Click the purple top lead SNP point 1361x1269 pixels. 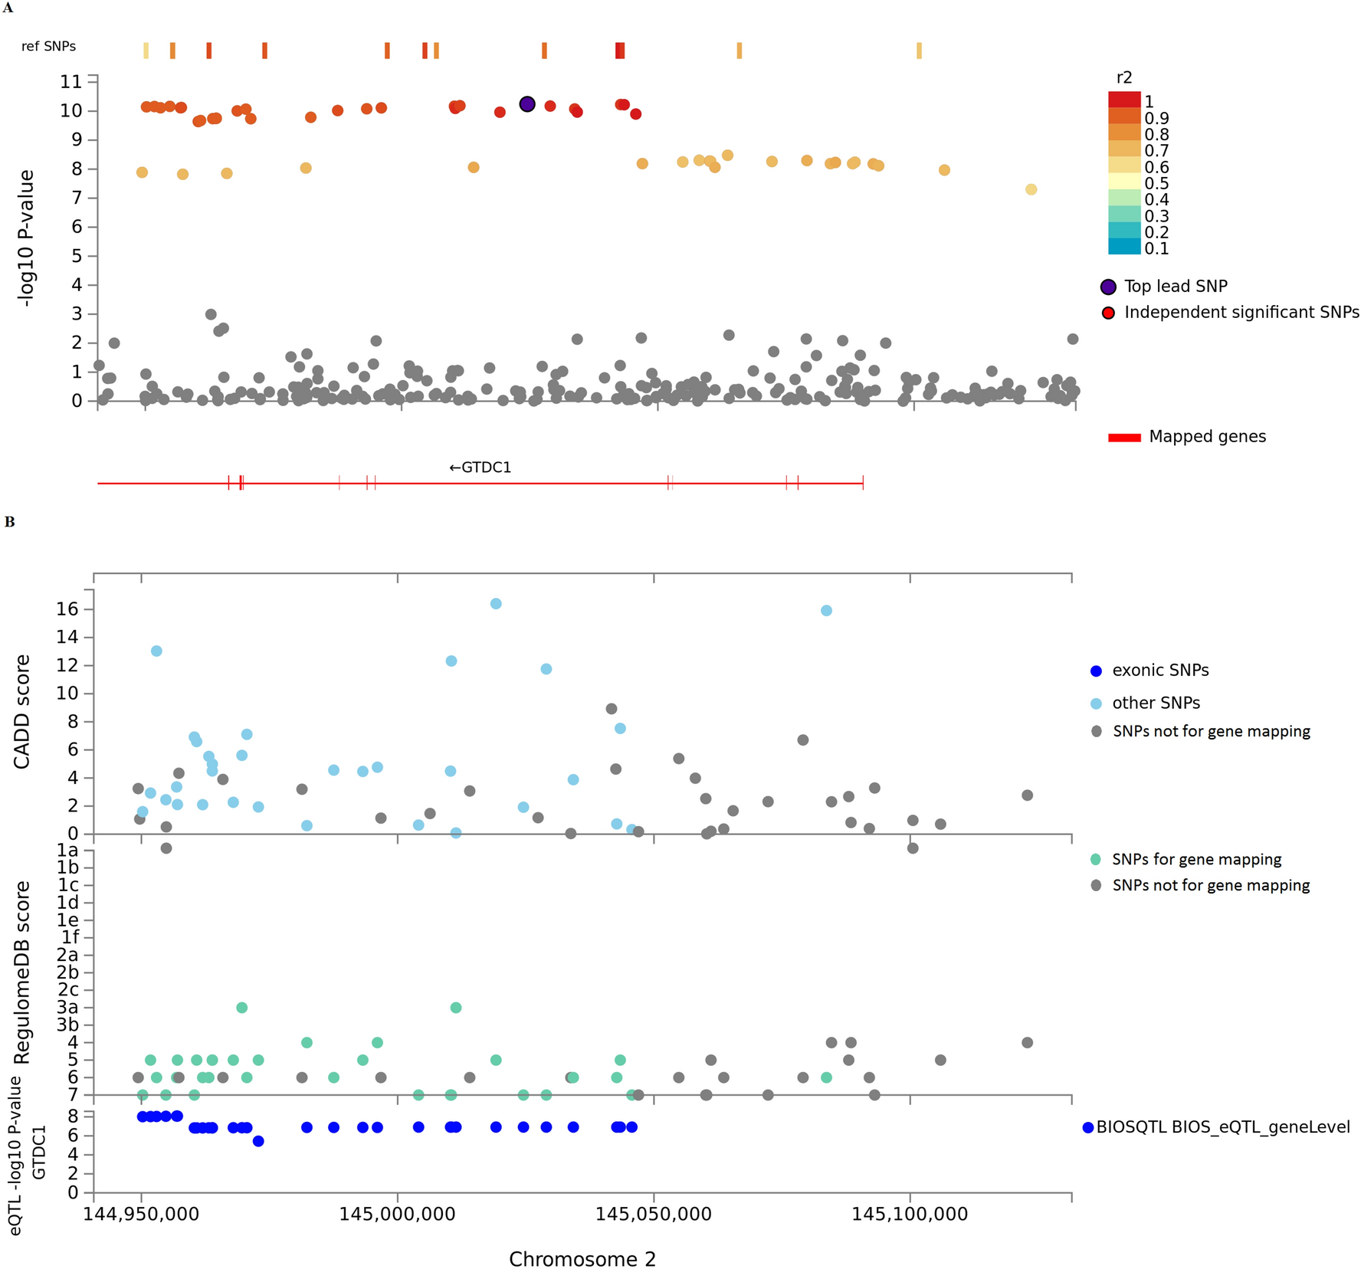click(x=527, y=104)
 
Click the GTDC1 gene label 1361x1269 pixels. click(x=480, y=467)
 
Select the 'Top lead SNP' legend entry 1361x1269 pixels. click(x=1175, y=287)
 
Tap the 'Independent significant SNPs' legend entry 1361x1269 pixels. click(x=1241, y=313)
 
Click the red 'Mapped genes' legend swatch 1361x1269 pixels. click(x=1124, y=438)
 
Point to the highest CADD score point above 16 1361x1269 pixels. click(x=496, y=604)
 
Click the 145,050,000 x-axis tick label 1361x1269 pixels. click(x=654, y=1214)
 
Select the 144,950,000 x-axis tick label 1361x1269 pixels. click(x=141, y=1214)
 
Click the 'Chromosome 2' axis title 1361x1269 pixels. click(x=582, y=1259)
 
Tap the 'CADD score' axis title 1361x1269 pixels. click(x=21, y=712)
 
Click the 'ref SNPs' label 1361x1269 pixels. click(x=48, y=47)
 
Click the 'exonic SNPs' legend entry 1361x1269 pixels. click(x=1159, y=671)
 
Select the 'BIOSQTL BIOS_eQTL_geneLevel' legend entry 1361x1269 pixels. click(x=1222, y=1127)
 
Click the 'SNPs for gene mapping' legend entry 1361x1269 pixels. click(x=1196, y=860)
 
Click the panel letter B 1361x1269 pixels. click(x=10, y=522)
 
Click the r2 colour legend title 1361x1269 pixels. click(x=1124, y=77)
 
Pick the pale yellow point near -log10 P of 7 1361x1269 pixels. click(x=1031, y=189)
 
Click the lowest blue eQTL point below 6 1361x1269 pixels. click(x=258, y=1141)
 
